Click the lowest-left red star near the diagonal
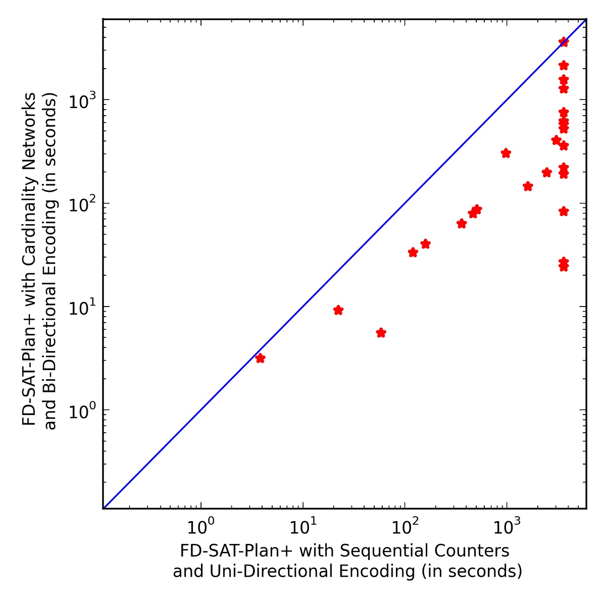pyautogui.click(x=260, y=358)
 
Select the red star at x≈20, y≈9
pyautogui.click(x=338, y=310)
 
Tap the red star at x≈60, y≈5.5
pyautogui.click(x=381, y=333)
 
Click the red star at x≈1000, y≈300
pyautogui.click(x=506, y=154)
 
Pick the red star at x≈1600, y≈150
pyautogui.click(x=528, y=186)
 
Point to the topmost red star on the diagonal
pyautogui.click(x=564, y=42)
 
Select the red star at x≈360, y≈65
pyautogui.click(x=461, y=224)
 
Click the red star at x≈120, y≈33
pyautogui.click(x=413, y=252)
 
